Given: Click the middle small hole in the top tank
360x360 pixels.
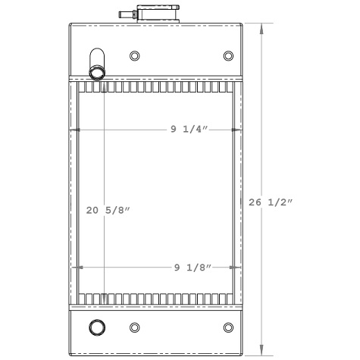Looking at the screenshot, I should [135, 56].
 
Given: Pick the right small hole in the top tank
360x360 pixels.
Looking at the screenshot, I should [228, 56].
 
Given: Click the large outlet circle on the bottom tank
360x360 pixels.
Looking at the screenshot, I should [97, 327].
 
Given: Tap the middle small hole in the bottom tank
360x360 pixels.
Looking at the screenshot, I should [135, 327].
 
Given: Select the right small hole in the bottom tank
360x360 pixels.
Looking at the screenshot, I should [228, 327].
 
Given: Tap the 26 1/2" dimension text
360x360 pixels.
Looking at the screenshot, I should [271, 202].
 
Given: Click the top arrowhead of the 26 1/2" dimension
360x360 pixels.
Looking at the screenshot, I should [262, 27].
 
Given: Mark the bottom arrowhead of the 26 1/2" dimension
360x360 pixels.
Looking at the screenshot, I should [262, 350].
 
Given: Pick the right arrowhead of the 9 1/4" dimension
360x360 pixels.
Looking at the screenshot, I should [240, 130].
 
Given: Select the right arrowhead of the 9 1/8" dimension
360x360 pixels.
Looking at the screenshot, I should [238, 267].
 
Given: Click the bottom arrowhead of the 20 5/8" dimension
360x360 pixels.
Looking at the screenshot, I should [103, 302].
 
